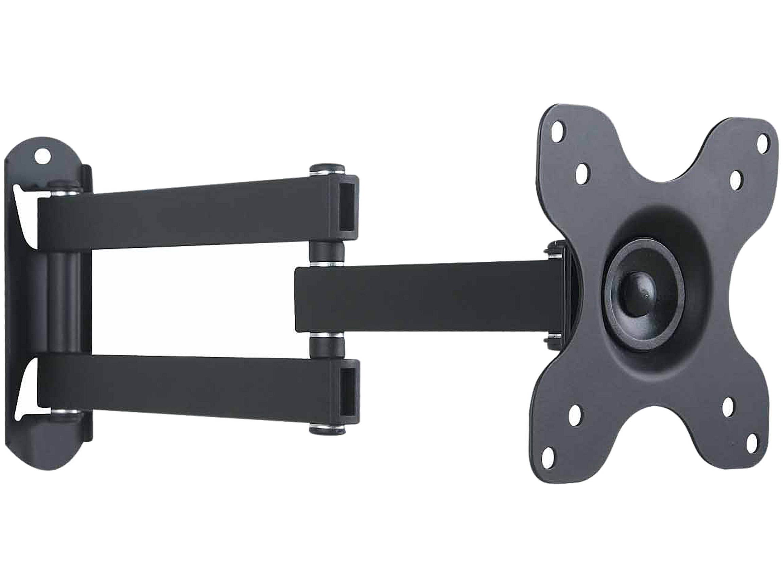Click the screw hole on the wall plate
click(43, 156)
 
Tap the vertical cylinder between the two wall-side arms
click(64, 301)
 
